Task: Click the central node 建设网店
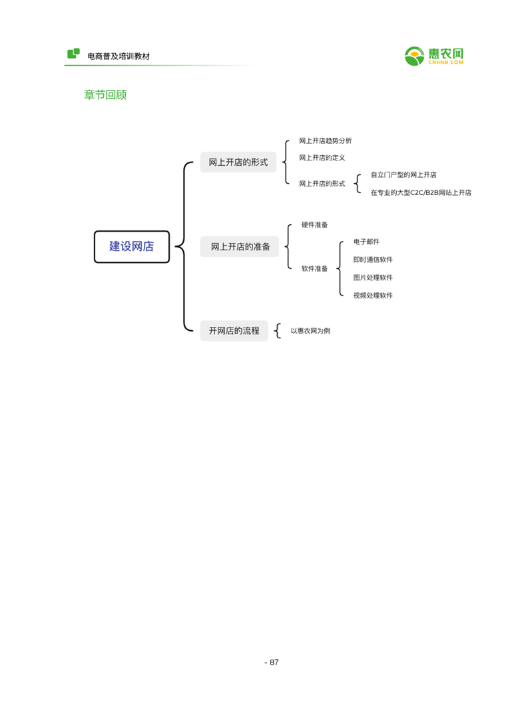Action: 132,246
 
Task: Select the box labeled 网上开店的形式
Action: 238,162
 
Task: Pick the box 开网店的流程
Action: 234,330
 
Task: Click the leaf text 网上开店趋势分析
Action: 325,141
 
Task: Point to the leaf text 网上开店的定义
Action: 322,158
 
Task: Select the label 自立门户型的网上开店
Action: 403,174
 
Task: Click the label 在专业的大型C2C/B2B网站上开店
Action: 421,192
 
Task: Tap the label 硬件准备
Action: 314,225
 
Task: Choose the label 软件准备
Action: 314,268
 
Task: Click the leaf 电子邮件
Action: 366,242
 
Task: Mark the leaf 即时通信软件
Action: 373,260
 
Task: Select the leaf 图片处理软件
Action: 373,278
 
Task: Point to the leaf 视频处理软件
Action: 373,295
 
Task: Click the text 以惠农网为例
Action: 310,331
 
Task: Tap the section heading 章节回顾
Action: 105,95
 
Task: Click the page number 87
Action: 274,662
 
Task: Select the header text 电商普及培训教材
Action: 119,56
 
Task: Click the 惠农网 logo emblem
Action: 414,57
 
